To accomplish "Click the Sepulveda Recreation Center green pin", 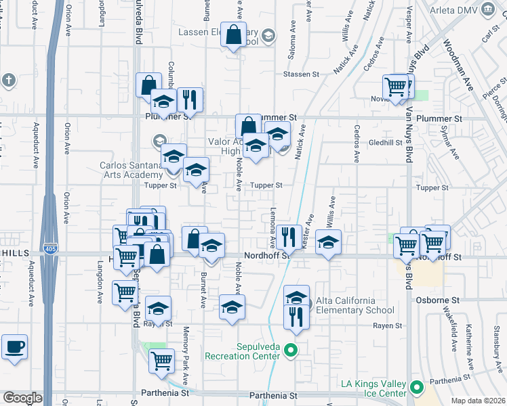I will click(x=291, y=350).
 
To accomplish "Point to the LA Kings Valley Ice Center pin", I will click(x=417, y=389).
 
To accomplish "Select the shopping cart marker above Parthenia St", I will click(x=161, y=361).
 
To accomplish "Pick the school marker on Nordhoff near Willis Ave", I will click(x=328, y=243).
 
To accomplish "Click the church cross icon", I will click(x=9, y=81).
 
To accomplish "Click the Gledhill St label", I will click(x=386, y=143).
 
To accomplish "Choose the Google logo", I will click(x=22, y=398).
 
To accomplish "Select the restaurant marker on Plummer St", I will click(x=190, y=100).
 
